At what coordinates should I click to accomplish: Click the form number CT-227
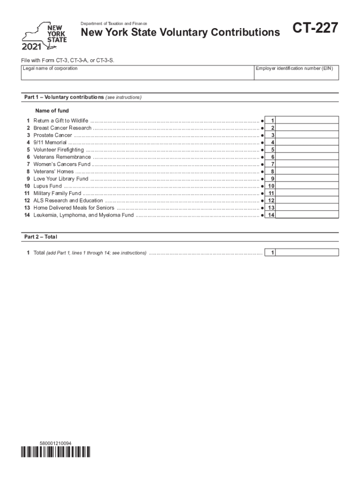pyautogui.click(x=315, y=29)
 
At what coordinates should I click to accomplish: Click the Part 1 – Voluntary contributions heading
pyautogui.click(x=83, y=97)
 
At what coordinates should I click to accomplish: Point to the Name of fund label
pyautogui.click(x=52, y=111)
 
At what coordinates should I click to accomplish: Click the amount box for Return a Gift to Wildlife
pyautogui.click(x=308, y=121)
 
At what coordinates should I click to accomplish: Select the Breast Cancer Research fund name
pyautogui.click(x=62, y=128)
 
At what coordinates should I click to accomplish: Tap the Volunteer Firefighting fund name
pyautogui.click(x=58, y=150)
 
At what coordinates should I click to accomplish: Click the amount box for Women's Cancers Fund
pyautogui.click(x=308, y=164)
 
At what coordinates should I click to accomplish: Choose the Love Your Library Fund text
pyautogui.click(x=61, y=179)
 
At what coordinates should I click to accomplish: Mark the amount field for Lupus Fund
pyautogui.click(x=308, y=186)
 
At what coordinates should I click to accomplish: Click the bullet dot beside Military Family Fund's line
pyautogui.click(x=262, y=193)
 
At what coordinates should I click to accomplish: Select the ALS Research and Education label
pyautogui.click(x=68, y=201)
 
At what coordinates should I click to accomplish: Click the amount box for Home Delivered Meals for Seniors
pyautogui.click(x=308, y=208)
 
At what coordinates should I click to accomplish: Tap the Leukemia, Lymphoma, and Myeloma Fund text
pyautogui.click(x=83, y=215)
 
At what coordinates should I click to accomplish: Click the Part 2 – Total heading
pyautogui.click(x=41, y=237)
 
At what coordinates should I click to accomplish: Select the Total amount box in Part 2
pyautogui.click(x=308, y=253)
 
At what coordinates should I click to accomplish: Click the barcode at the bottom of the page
pyautogui.click(x=56, y=452)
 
